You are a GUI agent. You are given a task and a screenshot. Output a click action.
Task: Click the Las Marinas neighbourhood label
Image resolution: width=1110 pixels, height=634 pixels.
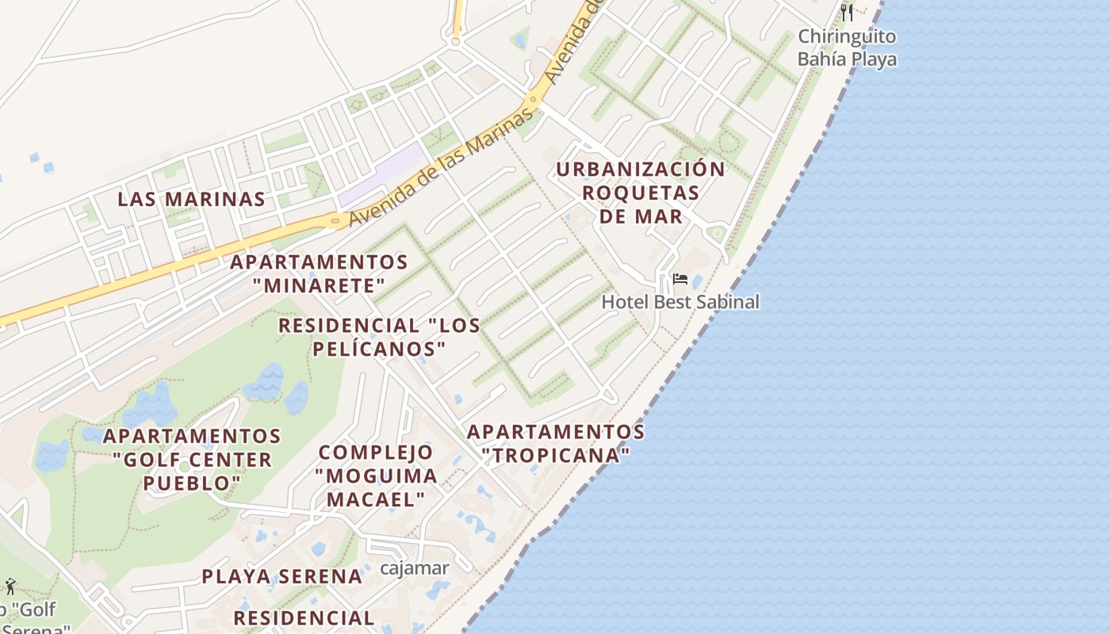tap(191, 199)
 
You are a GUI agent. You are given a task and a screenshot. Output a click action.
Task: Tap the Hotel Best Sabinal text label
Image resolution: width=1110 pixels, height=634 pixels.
tap(680, 302)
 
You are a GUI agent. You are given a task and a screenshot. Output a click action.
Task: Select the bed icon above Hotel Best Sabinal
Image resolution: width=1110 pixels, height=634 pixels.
tap(679, 279)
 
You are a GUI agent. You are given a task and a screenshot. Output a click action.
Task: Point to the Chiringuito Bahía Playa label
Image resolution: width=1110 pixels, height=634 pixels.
tap(847, 48)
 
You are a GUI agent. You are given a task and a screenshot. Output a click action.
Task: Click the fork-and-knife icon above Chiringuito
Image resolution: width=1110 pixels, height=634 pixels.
tap(847, 12)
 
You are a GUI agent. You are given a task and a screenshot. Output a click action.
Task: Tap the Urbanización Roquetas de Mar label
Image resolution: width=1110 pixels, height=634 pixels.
tap(641, 193)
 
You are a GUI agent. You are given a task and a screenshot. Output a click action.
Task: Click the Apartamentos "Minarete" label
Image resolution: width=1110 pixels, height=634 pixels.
tap(319, 273)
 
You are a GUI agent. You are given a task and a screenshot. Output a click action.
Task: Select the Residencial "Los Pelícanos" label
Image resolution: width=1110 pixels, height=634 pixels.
tap(379, 337)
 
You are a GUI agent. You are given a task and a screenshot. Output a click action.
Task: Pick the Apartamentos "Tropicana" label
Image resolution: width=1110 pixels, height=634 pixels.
tap(556, 444)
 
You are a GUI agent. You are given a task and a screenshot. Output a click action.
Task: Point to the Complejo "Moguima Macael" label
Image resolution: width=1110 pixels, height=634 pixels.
tap(376, 475)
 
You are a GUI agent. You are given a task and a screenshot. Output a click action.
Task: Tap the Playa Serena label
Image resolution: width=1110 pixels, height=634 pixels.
tap(281, 576)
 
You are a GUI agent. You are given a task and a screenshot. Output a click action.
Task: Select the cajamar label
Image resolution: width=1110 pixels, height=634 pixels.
tap(415, 568)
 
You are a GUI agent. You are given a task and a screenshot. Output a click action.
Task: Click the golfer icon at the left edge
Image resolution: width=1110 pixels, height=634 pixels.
tap(10, 586)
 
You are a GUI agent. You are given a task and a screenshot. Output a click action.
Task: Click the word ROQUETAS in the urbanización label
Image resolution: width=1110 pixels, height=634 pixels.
tap(641, 193)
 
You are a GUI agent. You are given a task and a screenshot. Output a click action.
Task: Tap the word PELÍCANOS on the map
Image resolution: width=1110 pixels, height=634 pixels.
tap(379, 349)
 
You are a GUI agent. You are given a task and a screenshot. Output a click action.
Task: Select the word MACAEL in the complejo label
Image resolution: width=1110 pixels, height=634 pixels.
tap(376, 499)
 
